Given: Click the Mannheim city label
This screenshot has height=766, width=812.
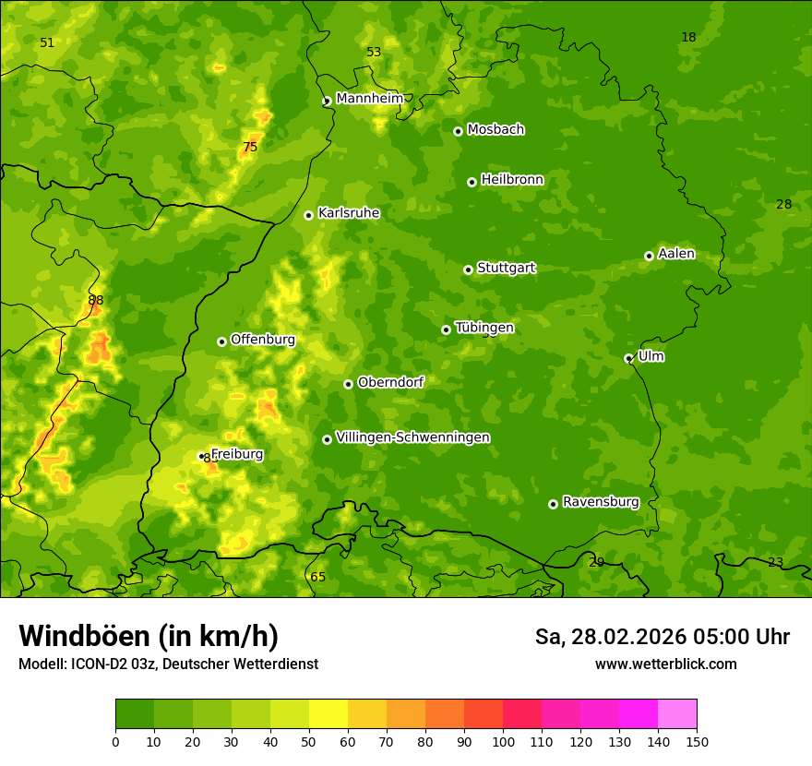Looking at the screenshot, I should tap(369, 99).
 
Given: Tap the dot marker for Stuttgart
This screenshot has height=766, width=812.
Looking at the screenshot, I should tap(468, 269).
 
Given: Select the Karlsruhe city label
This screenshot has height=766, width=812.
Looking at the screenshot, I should tap(348, 213).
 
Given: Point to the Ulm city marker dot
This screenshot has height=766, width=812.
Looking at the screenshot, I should tap(628, 358).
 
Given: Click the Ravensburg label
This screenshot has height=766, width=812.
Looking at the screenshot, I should tap(601, 502).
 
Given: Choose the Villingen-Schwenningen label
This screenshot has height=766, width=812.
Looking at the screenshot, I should tap(412, 437).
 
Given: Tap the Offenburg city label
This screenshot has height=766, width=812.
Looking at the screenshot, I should tap(263, 340).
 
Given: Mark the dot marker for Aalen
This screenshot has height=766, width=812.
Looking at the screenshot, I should tap(649, 256).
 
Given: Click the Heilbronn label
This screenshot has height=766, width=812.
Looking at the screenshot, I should tap(512, 180).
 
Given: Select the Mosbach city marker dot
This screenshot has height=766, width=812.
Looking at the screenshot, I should tap(458, 131).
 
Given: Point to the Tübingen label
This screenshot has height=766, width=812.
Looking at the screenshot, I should tap(484, 328).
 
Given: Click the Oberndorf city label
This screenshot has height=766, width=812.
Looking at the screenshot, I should tap(390, 382).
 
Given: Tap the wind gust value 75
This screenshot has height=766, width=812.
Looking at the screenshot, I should tap(250, 147).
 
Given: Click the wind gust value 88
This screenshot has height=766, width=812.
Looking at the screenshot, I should tap(96, 300).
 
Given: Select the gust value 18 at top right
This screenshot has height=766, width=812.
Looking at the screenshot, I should tap(688, 37).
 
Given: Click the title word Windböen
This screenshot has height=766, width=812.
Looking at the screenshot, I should tap(84, 636).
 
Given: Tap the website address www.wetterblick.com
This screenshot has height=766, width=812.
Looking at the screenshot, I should tap(665, 664).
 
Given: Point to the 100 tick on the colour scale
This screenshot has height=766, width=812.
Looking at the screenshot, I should tap(503, 741).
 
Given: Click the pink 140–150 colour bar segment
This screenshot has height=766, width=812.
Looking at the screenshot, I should tap(677, 713).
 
